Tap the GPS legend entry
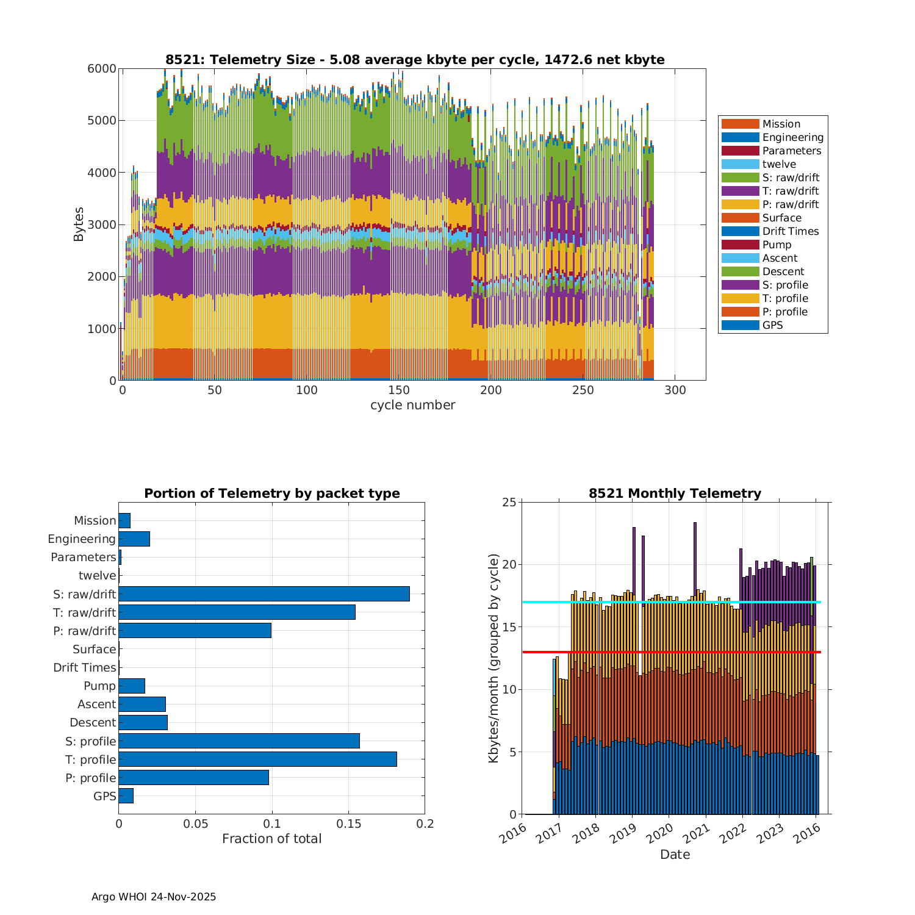772,325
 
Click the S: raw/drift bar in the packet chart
264,594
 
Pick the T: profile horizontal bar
257,759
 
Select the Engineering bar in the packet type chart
134,539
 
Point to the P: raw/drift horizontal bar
195,630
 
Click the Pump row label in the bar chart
99,686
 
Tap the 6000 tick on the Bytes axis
101,68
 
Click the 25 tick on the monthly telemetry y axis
509,502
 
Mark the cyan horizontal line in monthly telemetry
671,602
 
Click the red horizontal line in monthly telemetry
671,652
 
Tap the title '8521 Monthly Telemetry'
675,493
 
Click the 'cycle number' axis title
412,405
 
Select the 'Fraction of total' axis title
271,839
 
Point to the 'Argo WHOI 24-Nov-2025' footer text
154,897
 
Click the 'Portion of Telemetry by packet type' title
271,493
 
